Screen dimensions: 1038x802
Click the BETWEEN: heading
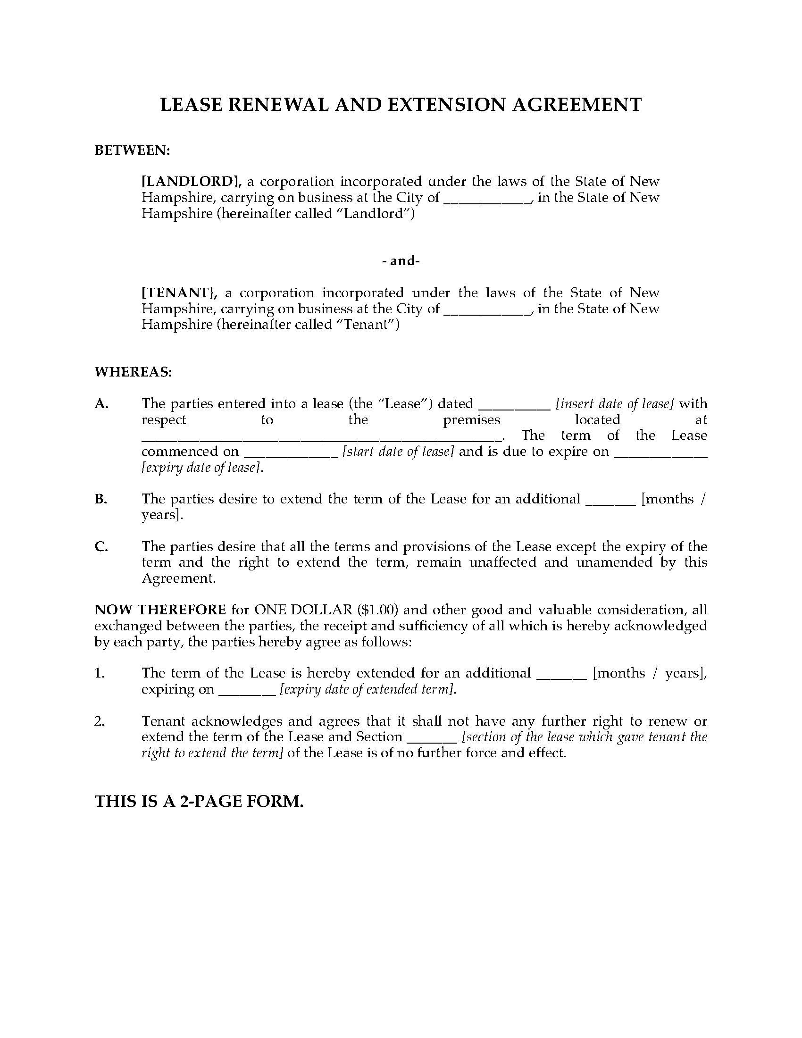(132, 151)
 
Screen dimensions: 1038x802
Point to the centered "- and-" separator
(401, 261)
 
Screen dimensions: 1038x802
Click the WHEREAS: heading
(133, 372)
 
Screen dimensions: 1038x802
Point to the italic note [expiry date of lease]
(202, 468)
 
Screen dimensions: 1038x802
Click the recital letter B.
(101, 499)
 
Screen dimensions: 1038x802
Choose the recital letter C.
(101, 546)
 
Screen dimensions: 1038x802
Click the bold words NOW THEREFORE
(160, 610)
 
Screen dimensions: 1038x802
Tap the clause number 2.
(99, 721)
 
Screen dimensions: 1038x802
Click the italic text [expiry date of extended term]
(367, 689)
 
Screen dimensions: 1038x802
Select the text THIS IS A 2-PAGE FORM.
(199, 801)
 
